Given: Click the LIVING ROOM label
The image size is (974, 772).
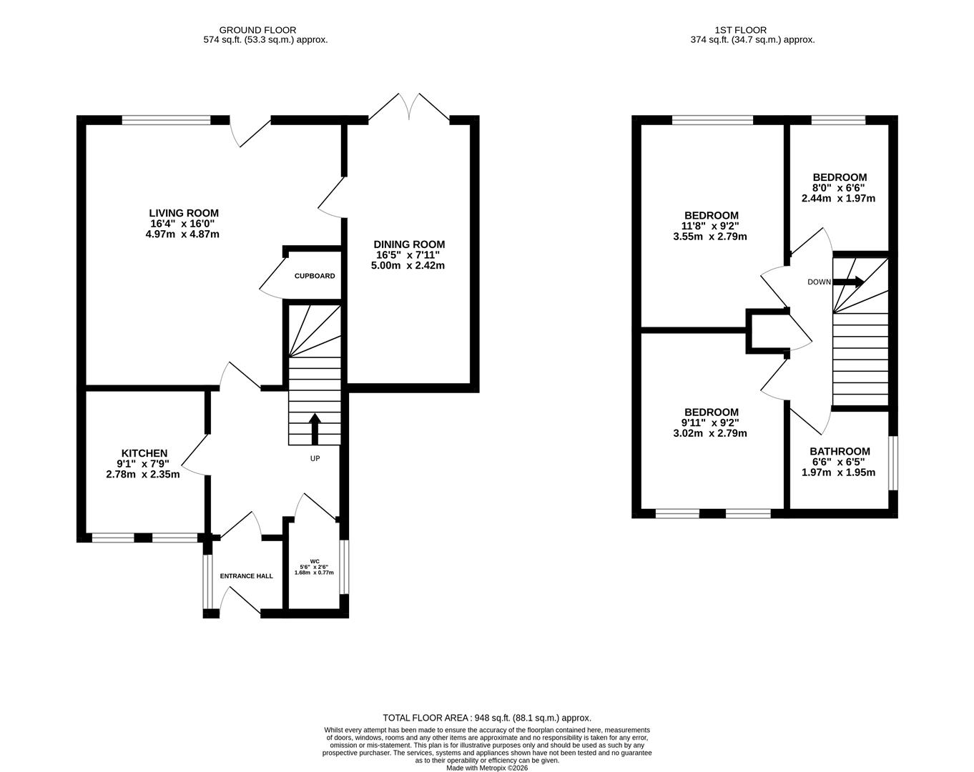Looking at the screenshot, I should point(184,213).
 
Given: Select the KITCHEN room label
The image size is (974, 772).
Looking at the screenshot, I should point(144,453).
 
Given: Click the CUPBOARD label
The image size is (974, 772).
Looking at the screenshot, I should point(314,276).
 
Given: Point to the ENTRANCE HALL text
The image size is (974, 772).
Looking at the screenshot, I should point(246,576).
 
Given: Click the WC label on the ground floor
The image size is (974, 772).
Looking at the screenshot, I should point(314,560).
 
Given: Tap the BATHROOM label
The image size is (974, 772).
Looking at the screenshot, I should point(840,451).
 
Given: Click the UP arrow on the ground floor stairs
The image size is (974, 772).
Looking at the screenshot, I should point(314,428).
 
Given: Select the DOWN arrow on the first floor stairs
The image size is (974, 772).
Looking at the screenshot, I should point(848,282).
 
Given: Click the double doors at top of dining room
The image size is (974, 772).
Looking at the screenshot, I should point(410,109).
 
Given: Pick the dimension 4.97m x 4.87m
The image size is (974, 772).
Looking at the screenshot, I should point(184,234).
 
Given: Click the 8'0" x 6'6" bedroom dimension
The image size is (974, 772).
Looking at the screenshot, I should point(840,188).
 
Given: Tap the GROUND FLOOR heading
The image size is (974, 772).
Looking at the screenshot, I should point(247,30).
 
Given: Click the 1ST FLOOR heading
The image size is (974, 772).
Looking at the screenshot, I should point(740,30).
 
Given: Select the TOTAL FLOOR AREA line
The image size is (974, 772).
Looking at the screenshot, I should point(487,718).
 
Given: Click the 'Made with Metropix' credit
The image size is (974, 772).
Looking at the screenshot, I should point(487,768).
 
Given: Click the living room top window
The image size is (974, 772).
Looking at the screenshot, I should point(166,120).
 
